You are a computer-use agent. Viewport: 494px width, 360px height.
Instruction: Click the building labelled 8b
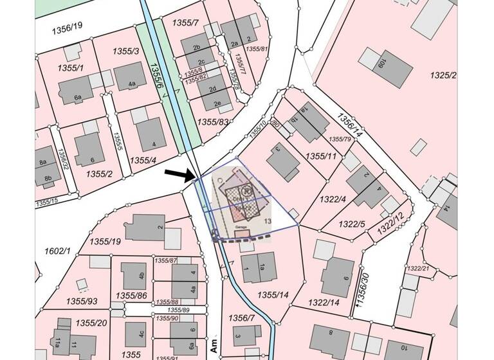47,178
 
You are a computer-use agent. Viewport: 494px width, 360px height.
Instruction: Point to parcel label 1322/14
324,301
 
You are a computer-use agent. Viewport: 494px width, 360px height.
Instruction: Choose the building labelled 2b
196,47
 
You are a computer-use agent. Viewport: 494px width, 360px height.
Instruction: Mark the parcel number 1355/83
214,122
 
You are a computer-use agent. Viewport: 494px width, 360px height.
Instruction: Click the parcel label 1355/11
322,156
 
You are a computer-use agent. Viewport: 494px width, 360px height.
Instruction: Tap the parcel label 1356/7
238,318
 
